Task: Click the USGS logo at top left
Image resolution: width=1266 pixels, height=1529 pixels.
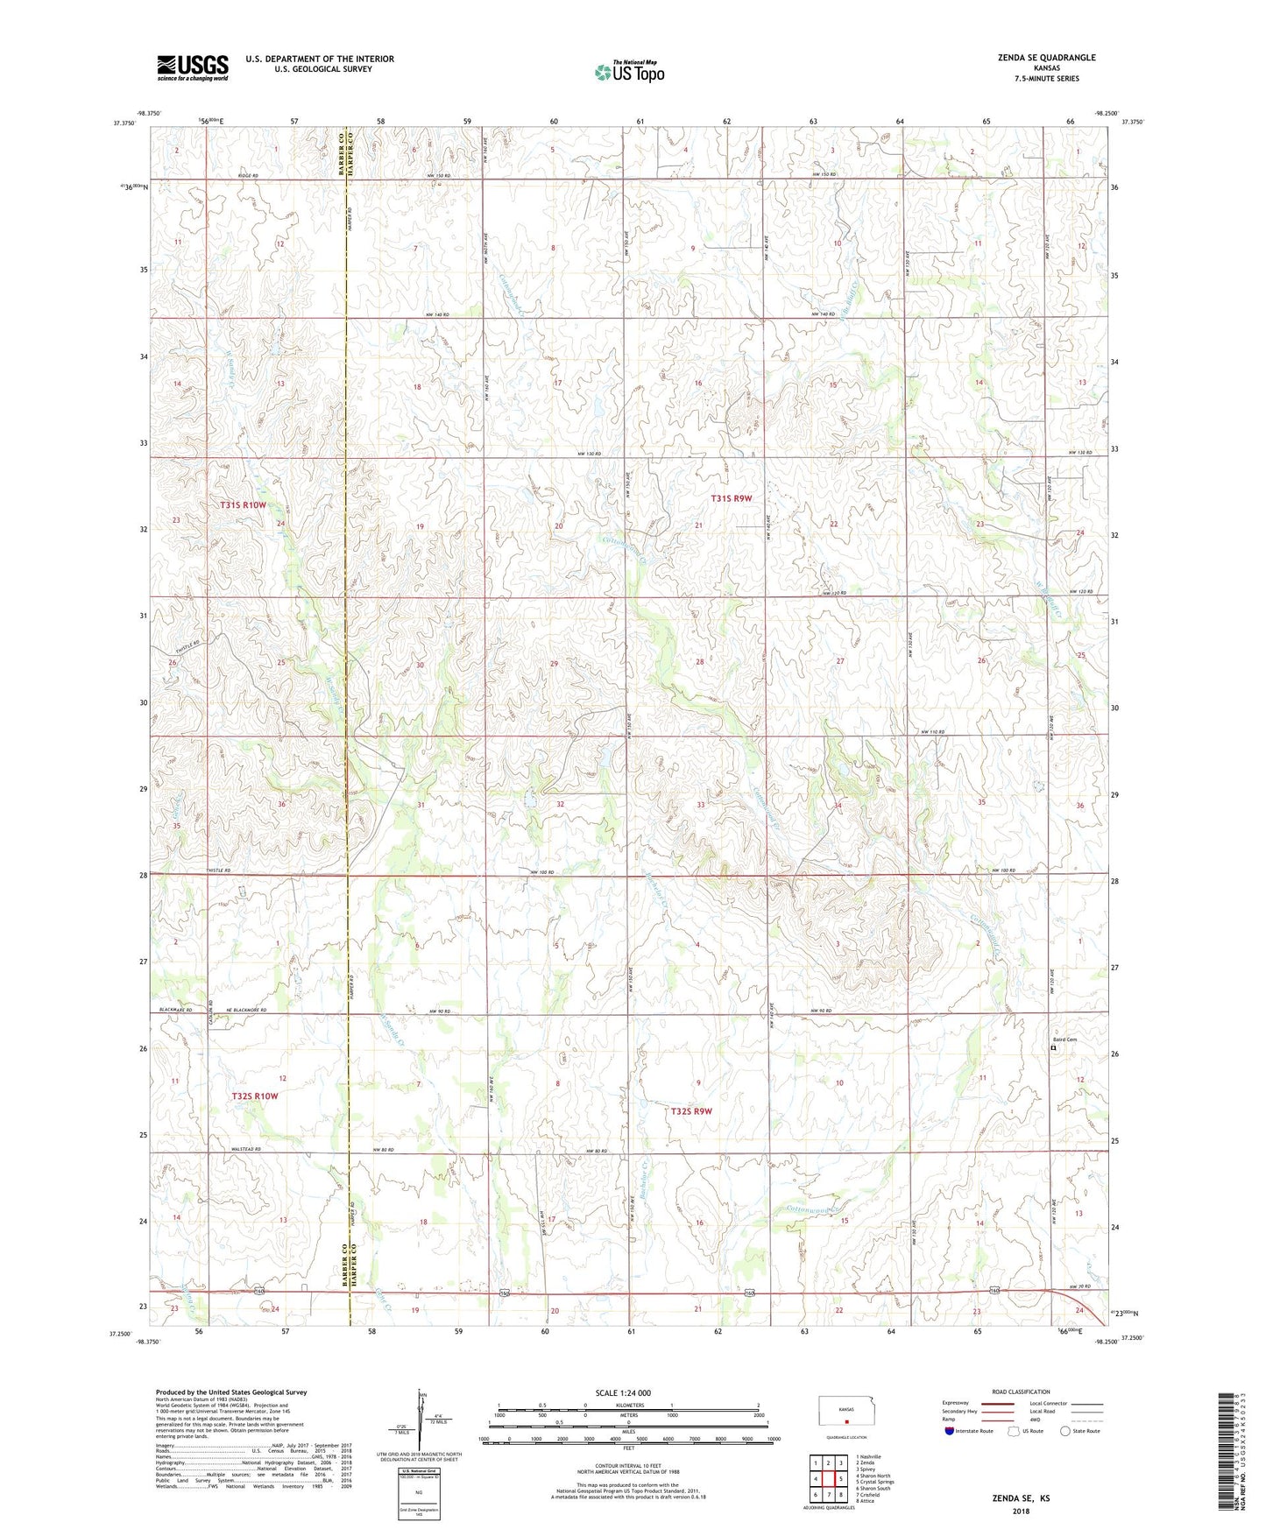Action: pyautogui.click(x=193, y=67)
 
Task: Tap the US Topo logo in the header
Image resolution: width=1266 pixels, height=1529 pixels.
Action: pyautogui.click(x=628, y=72)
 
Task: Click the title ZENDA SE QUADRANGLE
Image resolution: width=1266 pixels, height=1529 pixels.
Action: pyautogui.click(x=1046, y=58)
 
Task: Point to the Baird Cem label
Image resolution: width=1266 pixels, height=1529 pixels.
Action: pyautogui.click(x=1065, y=1039)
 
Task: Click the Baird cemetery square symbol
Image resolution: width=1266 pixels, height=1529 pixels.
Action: pyautogui.click(x=1053, y=1048)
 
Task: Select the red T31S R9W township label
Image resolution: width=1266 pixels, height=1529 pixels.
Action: pyautogui.click(x=731, y=498)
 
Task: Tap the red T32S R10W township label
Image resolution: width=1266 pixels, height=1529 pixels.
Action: pyautogui.click(x=255, y=1096)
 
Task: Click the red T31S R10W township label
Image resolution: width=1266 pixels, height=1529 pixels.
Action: pyautogui.click(x=243, y=505)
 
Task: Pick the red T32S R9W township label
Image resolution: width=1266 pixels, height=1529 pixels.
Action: pyautogui.click(x=691, y=1111)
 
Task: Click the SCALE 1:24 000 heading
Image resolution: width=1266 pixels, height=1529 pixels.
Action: pyautogui.click(x=623, y=1393)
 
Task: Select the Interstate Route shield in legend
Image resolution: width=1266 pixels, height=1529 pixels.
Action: pyautogui.click(x=951, y=1431)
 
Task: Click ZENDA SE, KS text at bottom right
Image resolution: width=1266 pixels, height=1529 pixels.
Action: pyautogui.click(x=1020, y=1498)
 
